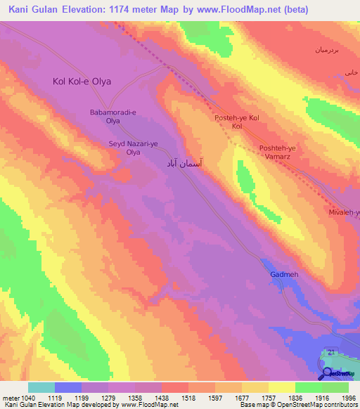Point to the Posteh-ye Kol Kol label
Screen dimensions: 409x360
tap(237, 122)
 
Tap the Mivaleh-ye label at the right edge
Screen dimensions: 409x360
tap(345, 212)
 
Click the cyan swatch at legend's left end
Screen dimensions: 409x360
tap(41, 387)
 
